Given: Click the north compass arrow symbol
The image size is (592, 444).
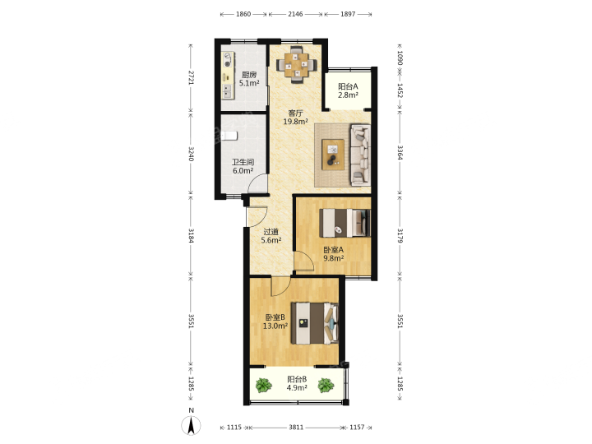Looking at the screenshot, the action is click(191, 426).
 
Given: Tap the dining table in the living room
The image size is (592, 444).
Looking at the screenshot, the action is click(296, 65).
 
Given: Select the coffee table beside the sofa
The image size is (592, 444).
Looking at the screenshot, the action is click(333, 155).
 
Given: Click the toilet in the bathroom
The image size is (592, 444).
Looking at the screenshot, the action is click(229, 135).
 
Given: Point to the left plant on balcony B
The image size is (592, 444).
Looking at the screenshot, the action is click(264, 386).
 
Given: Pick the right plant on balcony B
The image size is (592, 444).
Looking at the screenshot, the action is click(326, 386).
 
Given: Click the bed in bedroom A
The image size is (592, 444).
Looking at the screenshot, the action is click(345, 223).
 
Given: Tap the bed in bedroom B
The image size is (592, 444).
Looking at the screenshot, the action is click(314, 323).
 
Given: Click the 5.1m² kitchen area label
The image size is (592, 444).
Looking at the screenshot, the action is click(249, 83).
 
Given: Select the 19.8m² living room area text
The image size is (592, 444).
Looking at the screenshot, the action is click(296, 122).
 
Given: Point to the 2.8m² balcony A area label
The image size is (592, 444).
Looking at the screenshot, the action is click(348, 95).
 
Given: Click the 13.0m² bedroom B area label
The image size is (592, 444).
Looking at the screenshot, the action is click(275, 326).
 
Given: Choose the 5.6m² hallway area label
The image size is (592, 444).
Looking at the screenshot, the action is click(271, 240).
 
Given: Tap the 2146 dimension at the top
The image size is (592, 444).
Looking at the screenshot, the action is click(295, 14).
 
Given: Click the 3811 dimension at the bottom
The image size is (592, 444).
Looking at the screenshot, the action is click(296, 427).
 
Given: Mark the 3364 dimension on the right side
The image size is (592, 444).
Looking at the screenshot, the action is click(400, 153).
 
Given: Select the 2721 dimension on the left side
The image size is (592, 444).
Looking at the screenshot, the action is click(191, 77).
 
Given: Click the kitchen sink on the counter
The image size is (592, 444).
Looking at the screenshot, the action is click(227, 90).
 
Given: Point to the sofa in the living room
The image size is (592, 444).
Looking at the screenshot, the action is click(360, 155).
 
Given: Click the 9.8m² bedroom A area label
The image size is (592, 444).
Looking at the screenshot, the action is click(333, 259).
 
